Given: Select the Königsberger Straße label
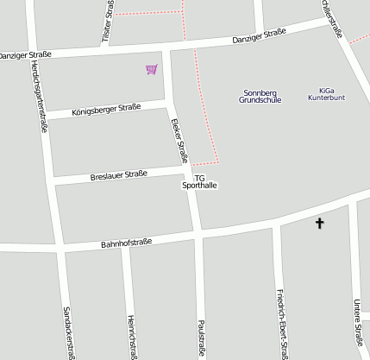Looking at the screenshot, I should coord(106,109).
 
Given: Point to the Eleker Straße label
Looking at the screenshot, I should coord(179,140).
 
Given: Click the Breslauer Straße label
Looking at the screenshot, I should coord(119,175).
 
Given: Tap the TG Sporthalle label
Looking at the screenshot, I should coord(200,181).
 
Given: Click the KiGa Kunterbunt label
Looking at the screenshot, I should coord(326,94).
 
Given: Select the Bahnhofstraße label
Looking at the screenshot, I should coord(126,243).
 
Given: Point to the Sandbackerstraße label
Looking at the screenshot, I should coord(67,332).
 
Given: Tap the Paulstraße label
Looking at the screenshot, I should coord(202,337).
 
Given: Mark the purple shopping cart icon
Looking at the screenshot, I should coord(152,68).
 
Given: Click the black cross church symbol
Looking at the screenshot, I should coord(319,223).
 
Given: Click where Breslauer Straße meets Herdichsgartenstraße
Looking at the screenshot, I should coord(54,180).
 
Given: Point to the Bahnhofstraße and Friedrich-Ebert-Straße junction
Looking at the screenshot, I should coord(275,226).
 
